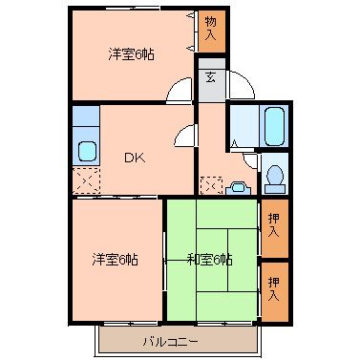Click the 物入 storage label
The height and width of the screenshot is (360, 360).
(x=210, y=30)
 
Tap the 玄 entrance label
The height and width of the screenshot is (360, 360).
(x=210, y=77)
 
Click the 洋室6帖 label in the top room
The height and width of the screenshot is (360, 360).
(x=131, y=54)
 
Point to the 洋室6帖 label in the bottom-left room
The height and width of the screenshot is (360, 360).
(x=116, y=259)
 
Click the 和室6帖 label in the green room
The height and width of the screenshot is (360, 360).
(x=210, y=259)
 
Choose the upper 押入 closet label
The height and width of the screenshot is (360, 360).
(x=274, y=224)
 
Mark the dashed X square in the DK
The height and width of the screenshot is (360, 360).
(x=85, y=179)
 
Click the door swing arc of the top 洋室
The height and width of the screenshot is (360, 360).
(x=178, y=92)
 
